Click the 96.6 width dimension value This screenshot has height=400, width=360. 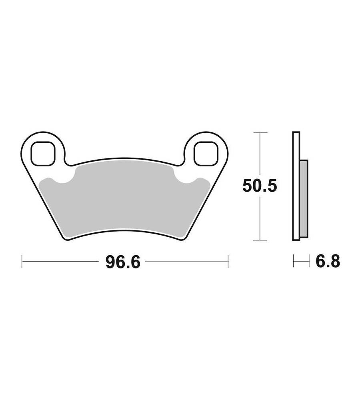coord(123,262)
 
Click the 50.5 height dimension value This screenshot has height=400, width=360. coord(260,186)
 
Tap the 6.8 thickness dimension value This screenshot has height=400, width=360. coord(328,261)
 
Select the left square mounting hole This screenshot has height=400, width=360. coord(43,153)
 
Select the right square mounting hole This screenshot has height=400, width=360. coord(206,153)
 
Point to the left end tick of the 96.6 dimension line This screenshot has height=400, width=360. coord(22,262)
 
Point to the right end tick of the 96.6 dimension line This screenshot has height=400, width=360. coord(228,262)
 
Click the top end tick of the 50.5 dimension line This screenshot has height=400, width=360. coord(260,133)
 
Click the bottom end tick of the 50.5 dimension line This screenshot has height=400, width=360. coord(260,240)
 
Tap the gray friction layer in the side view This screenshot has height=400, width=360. coord(304,199)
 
